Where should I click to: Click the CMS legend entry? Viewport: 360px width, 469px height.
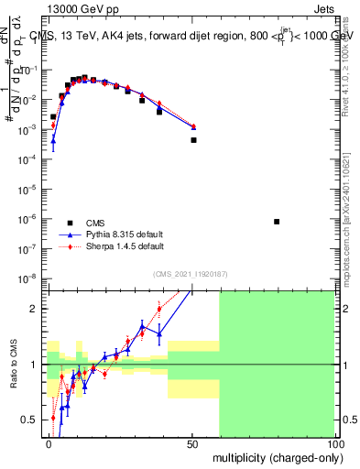(83, 223)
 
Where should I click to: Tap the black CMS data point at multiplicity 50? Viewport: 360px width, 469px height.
(193, 140)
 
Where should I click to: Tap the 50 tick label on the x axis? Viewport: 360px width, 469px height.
(192, 442)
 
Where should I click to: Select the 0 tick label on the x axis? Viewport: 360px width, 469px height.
(49, 442)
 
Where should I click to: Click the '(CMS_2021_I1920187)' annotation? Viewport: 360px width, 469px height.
(189, 273)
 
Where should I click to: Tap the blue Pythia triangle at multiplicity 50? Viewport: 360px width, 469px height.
(193, 126)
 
